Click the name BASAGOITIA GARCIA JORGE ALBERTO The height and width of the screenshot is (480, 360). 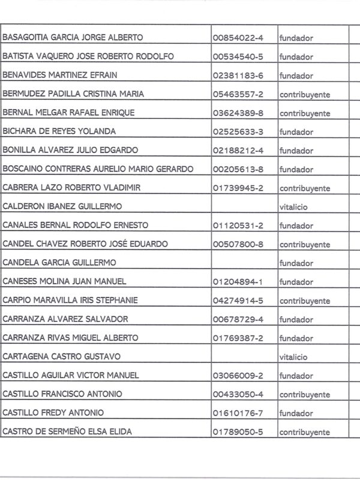73,38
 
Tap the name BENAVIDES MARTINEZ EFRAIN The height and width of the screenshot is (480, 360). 61,75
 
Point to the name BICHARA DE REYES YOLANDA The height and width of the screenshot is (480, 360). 59,131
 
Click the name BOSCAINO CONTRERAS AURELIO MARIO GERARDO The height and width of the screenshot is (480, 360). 98,169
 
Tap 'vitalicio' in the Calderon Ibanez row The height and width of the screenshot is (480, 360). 293,206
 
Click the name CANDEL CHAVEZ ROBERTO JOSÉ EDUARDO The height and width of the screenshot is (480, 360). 85,244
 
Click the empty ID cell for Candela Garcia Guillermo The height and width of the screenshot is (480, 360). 243,263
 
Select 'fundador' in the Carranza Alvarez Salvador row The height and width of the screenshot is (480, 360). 296,319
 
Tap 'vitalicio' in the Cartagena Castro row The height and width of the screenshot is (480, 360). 293,356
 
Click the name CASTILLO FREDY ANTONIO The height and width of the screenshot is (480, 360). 53,413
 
